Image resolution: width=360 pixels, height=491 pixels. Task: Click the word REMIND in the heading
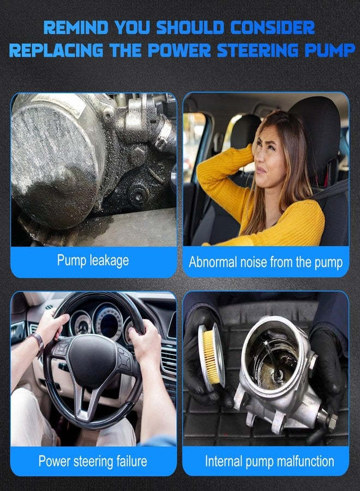click(x=75, y=28)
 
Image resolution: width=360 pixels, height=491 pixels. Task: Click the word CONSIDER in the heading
click(x=272, y=28)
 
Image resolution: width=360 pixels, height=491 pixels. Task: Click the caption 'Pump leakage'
click(x=93, y=261)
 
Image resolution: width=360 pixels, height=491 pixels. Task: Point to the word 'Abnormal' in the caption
click(x=211, y=262)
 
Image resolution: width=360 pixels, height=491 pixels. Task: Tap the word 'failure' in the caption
click(x=131, y=461)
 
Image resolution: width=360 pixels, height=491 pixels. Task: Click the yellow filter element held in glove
click(x=211, y=357)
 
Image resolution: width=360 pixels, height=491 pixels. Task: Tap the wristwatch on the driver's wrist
click(x=39, y=344)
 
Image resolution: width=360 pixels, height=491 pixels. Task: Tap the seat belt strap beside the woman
click(x=329, y=191)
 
